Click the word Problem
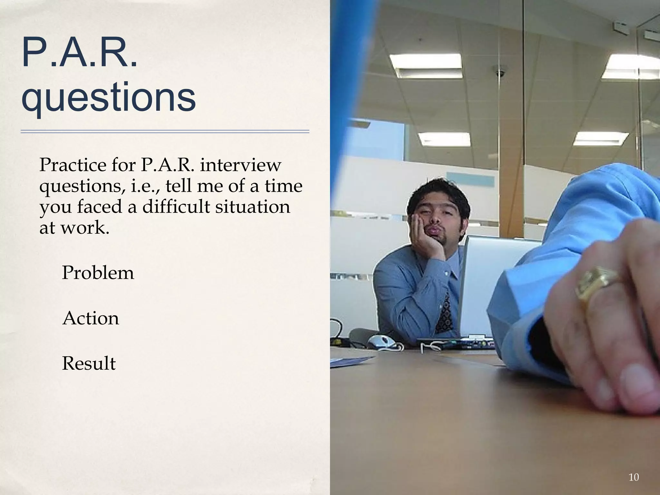98,273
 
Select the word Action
91,318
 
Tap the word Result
89,364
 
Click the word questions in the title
108,96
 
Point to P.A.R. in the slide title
79,53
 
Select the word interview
240,165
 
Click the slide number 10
634,477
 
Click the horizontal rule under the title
165,131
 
